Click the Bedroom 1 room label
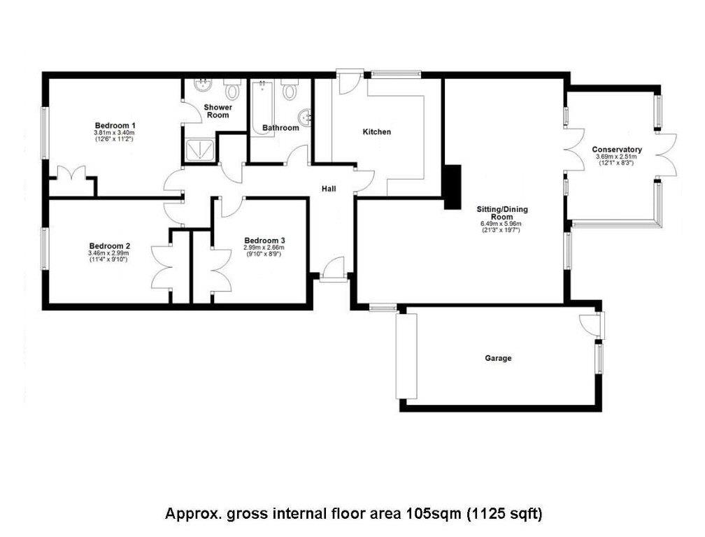(115, 125)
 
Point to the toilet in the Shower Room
(232, 89)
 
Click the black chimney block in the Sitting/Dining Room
(452, 186)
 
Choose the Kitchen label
(376, 132)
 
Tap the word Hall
(329, 189)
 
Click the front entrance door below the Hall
(334, 269)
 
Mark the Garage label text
(498, 358)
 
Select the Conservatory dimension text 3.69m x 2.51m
(616, 157)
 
